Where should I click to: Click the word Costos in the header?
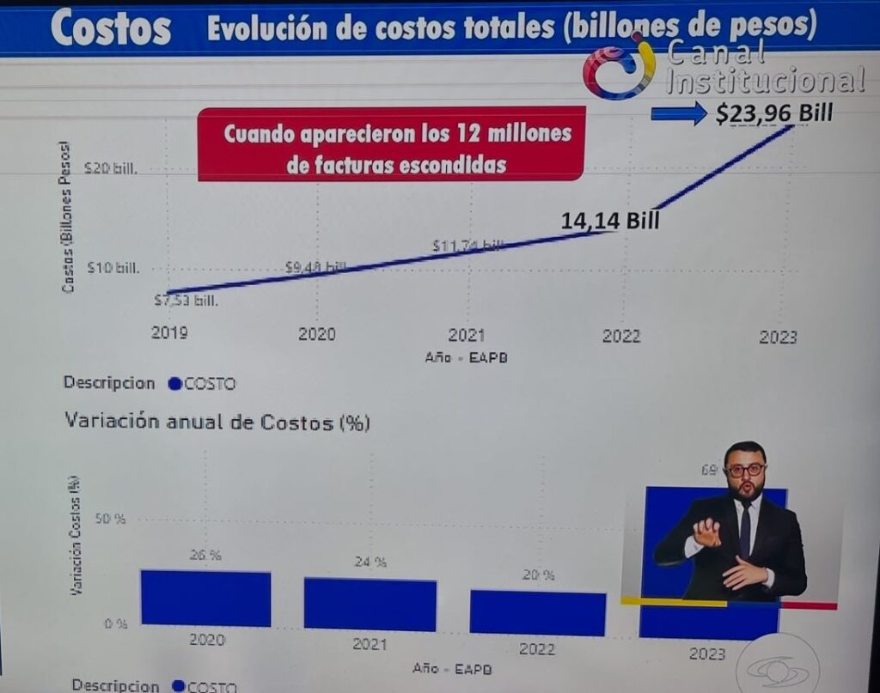[111, 27]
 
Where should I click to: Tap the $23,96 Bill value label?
[774, 113]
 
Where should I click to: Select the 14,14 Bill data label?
[610, 220]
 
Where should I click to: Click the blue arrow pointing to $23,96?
[678, 113]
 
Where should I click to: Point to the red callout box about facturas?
[391, 143]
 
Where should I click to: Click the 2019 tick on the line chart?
[169, 334]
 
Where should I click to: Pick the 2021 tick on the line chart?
[467, 336]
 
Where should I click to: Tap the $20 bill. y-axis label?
[112, 168]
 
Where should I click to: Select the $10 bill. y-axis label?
[113, 268]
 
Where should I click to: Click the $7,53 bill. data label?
[186, 301]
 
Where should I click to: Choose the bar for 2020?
[205, 598]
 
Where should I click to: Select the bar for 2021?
[370, 604]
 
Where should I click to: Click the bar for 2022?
[537, 612]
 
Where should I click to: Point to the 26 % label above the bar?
[205, 556]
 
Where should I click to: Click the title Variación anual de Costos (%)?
[217, 422]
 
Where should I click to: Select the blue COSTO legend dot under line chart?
[174, 384]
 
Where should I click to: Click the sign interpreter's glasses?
[744, 471]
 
